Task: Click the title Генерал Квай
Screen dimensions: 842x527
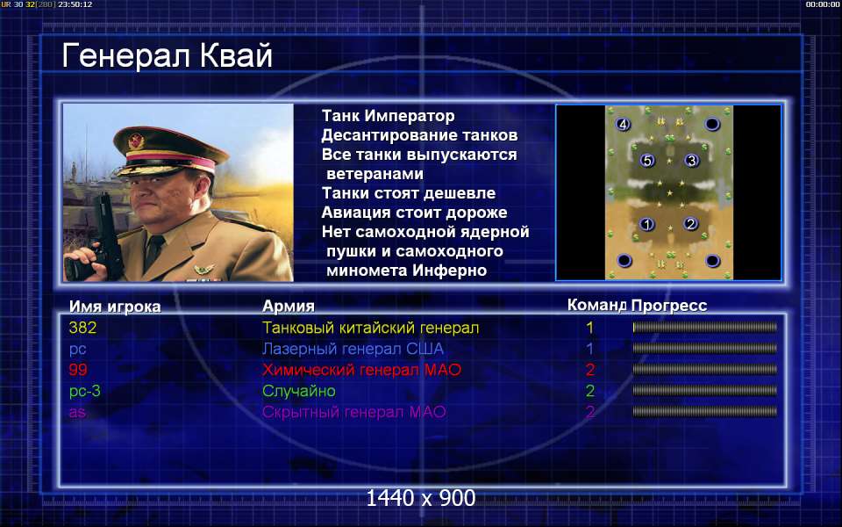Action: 167,56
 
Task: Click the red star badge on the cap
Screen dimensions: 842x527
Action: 137,141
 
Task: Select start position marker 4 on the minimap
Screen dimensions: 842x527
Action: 623,124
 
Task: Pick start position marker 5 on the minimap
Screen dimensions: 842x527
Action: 647,160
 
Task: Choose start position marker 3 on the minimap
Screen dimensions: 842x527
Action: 691,160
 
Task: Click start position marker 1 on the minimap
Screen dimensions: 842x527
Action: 647,224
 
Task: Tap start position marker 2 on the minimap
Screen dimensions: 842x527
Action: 690,223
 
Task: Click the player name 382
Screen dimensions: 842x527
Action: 82,328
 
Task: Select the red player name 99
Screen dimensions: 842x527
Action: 78,370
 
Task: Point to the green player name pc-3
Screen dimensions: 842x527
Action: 85,392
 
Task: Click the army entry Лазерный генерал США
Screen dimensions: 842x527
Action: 353,349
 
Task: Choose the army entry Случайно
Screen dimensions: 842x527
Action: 298,391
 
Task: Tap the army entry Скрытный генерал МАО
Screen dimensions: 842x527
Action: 353,412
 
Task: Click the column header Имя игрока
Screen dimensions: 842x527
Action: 115,307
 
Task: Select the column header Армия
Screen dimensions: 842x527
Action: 289,307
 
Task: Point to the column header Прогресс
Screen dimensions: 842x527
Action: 669,306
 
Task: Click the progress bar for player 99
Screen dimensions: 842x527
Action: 704,370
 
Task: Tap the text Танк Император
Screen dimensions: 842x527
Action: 389,116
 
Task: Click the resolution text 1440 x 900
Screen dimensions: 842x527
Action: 420,498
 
